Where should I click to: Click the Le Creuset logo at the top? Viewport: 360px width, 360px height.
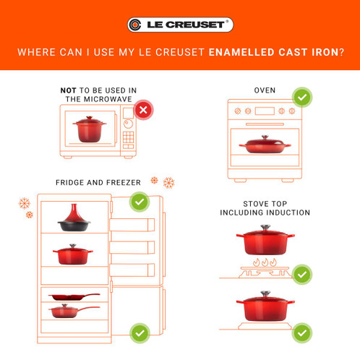180,25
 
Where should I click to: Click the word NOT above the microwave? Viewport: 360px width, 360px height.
70,90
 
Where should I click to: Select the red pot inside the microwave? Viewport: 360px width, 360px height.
90,129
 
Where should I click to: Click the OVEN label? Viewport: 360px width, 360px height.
265,90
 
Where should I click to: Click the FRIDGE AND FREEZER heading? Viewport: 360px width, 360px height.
98,183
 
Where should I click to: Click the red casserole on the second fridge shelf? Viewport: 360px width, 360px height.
73,255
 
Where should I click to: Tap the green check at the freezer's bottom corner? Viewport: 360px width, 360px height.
140,333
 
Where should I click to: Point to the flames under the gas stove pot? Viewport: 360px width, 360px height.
264,261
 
